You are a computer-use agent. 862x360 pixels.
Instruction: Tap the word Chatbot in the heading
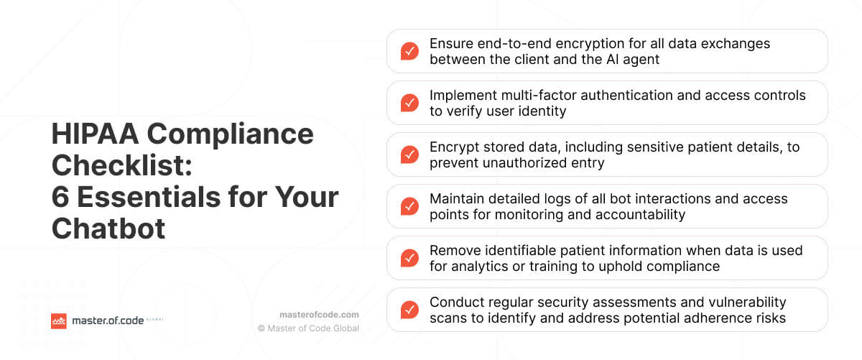click(x=108, y=229)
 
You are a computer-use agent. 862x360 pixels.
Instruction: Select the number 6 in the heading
click(x=60, y=197)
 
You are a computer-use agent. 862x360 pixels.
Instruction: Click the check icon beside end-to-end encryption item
click(x=409, y=51)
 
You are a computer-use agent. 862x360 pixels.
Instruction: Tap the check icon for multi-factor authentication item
click(x=409, y=103)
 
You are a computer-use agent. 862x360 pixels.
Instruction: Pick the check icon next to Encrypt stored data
click(x=409, y=154)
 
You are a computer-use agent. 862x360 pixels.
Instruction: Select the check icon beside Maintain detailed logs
click(x=409, y=206)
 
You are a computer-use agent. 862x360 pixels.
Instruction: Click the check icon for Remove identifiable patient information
click(x=409, y=258)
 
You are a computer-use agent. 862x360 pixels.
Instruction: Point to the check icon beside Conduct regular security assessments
click(x=409, y=310)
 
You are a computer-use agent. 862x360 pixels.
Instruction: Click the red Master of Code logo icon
click(x=59, y=321)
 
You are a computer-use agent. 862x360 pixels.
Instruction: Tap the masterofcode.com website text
click(x=319, y=315)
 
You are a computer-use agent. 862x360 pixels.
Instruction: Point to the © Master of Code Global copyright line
click(x=309, y=328)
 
